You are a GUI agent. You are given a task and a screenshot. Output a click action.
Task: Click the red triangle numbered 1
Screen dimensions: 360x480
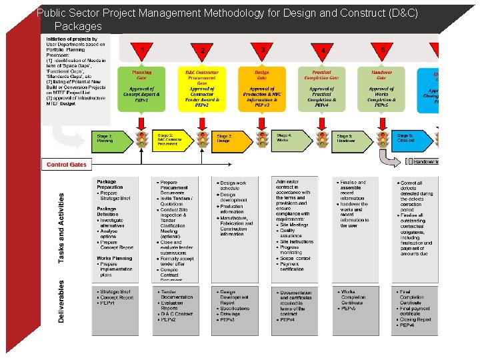click(x=141, y=51)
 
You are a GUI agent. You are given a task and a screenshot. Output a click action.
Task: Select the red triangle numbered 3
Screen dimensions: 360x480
click(x=263, y=51)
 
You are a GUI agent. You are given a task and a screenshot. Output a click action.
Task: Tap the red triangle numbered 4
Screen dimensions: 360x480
click(x=323, y=51)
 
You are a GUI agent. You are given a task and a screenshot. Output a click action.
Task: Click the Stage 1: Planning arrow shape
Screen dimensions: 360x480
click(x=112, y=139)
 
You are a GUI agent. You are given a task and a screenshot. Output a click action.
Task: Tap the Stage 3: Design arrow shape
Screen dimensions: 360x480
click(x=231, y=139)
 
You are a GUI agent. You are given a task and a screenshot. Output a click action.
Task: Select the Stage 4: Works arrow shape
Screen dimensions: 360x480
click(x=292, y=139)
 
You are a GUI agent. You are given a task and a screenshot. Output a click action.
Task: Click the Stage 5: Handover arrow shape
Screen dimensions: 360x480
click(x=352, y=139)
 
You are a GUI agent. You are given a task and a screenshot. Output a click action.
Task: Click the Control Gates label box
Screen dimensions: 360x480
click(x=65, y=164)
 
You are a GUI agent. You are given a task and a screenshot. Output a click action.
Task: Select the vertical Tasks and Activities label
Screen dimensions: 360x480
click(x=61, y=227)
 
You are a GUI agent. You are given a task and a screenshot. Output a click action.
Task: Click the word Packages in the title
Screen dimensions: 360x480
click(x=78, y=27)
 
